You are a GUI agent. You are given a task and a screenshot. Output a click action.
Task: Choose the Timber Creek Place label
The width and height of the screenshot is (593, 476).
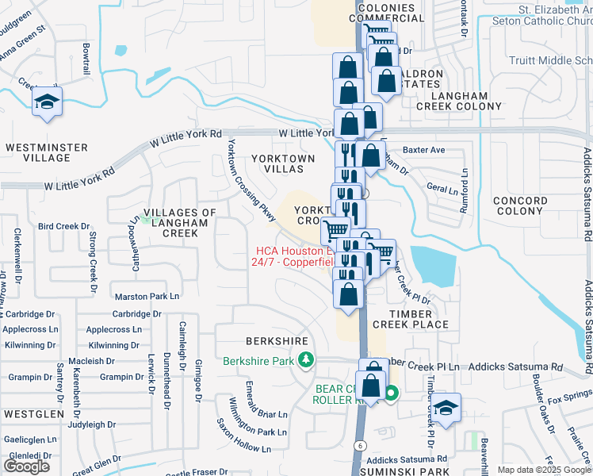[410, 318]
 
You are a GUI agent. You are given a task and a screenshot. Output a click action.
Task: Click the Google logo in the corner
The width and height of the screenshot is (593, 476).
[26, 466]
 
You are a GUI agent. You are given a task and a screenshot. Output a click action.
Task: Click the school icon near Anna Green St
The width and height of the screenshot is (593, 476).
[47, 102]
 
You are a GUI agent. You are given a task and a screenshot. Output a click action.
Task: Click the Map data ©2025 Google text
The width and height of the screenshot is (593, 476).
[543, 470]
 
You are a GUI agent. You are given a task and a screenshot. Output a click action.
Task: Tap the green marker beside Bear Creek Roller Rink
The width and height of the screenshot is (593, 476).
[391, 391]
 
